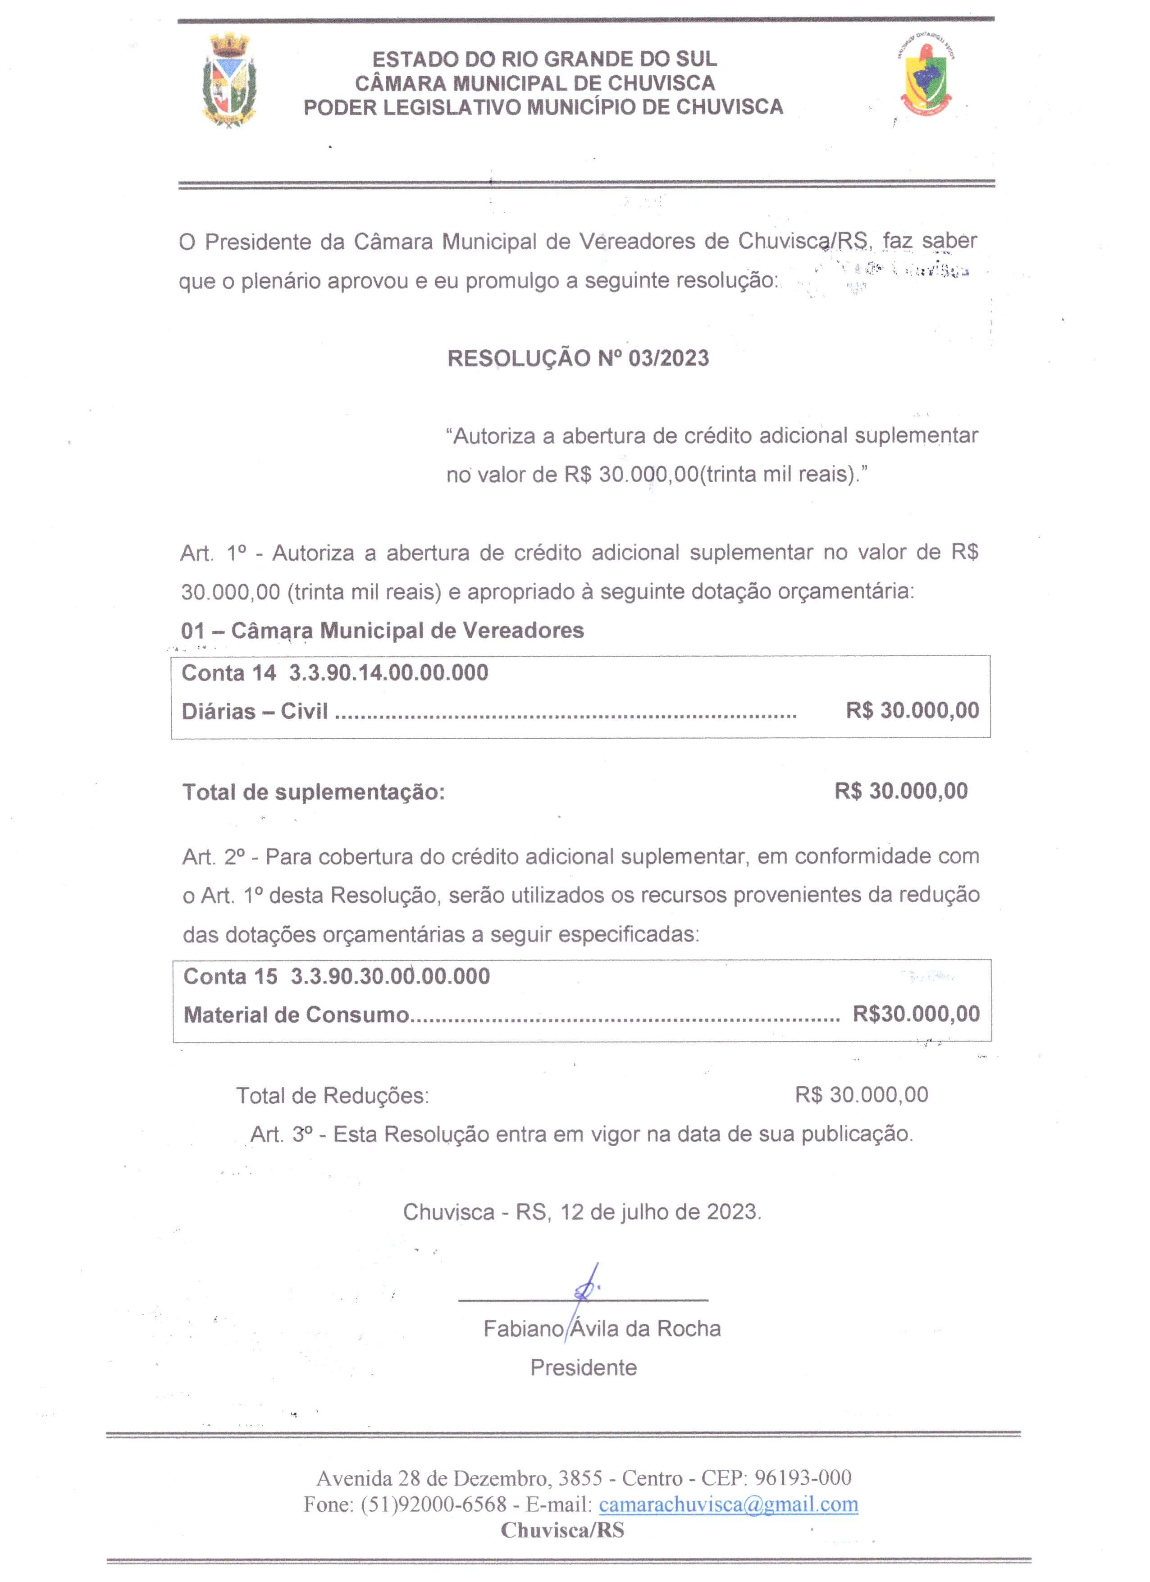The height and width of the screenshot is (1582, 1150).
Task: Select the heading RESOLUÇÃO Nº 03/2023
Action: click(578, 358)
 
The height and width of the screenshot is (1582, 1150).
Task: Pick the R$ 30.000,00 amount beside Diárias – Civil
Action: click(912, 711)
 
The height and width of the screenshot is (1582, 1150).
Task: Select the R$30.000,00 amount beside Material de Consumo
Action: click(916, 1014)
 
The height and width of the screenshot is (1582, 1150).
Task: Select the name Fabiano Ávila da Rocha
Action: click(602, 1329)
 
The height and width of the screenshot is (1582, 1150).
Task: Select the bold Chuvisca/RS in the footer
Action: click(562, 1530)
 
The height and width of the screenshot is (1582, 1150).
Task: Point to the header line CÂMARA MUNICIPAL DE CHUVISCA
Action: click(535, 83)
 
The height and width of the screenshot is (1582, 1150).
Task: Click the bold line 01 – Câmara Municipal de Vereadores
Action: click(382, 631)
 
